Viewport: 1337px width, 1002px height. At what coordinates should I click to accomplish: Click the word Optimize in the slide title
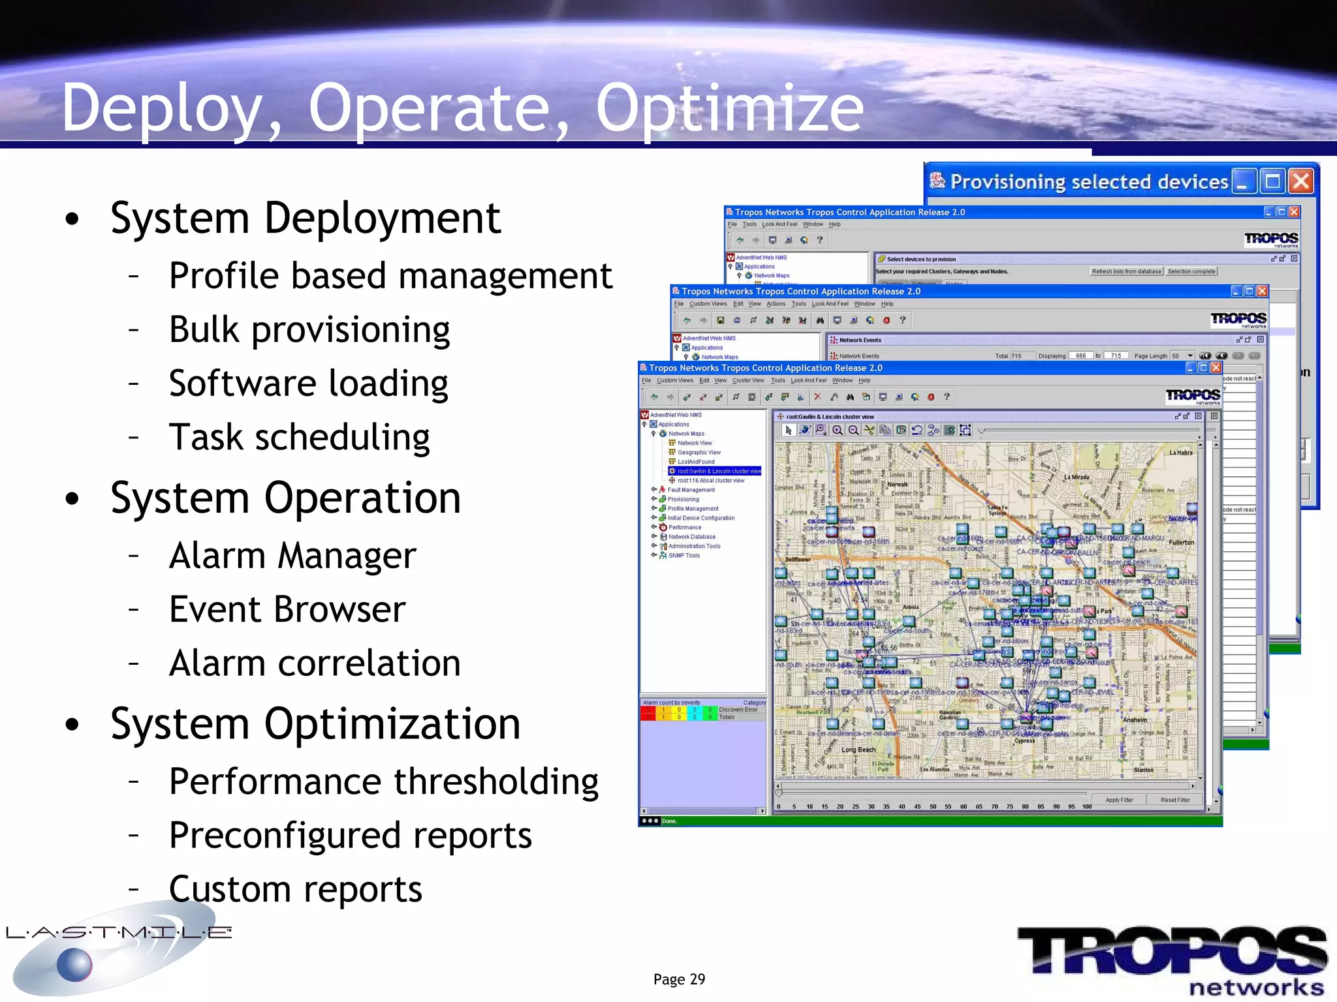coord(729,108)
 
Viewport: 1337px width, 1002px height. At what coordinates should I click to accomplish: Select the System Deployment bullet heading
coord(305,218)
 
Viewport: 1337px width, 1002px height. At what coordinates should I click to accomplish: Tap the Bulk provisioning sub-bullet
coord(309,329)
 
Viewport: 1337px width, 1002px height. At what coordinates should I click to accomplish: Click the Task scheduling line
coord(299,437)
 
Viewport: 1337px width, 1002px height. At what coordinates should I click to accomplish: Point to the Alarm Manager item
coord(292,556)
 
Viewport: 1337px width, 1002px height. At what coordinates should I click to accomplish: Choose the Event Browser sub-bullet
coord(287,610)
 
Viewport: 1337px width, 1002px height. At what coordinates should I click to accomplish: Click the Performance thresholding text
coord(383,782)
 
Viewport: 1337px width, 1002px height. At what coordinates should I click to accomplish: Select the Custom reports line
coord(295,889)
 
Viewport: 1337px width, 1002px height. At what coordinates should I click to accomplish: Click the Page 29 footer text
coord(679,979)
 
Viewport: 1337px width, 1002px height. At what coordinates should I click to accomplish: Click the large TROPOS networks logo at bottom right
coord(1172,959)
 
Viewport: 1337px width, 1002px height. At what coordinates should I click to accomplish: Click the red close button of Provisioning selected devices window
coord(1301,181)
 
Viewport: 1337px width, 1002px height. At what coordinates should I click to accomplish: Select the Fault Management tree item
coord(691,490)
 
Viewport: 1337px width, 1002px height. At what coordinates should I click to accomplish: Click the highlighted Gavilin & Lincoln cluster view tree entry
coord(718,471)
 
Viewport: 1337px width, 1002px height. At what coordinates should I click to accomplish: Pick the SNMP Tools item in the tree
coord(684,556)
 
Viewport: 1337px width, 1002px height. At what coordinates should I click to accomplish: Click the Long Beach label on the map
coord(858,750)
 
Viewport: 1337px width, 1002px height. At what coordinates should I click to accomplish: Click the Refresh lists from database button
coord(1126,271)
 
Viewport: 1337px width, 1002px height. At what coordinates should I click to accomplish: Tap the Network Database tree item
coord(691,537)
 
